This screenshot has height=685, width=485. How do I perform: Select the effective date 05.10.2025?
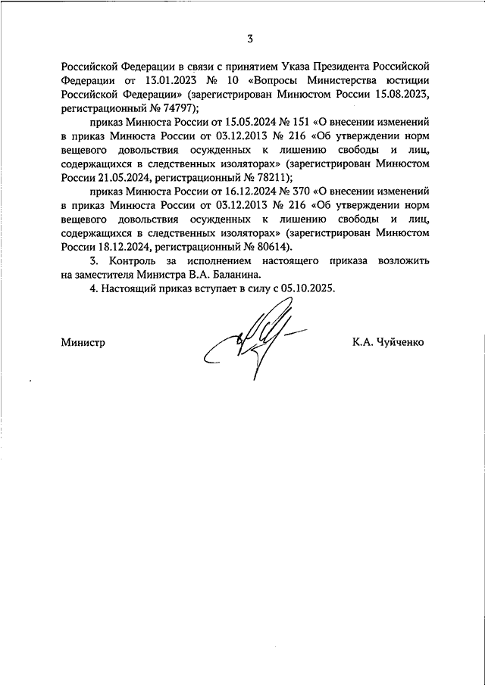pyautogui.click(x=306, y=288)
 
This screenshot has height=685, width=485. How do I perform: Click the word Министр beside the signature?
pyautogui.click(x=83, y=342)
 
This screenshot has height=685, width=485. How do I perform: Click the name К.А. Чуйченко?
pyautogui.click(x=388, y=342)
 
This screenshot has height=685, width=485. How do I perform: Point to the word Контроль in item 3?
pyautogui.click(x=130, y=260)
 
